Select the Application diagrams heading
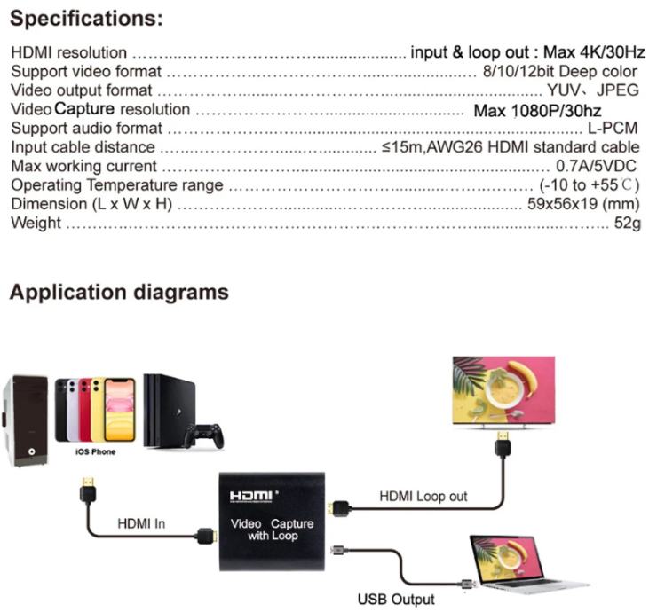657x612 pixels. (119, 292)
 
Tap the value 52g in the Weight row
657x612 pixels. (627, 223)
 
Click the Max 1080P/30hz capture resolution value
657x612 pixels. (537, 111)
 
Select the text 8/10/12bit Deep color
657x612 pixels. (559, 72)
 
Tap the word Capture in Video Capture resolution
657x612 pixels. (85, 110)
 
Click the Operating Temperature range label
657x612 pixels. (116, 185)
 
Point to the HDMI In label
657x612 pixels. (141, 523)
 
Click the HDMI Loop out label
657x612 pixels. (423, 497)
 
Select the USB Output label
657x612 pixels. (396, 599)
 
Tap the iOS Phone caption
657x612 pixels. (95, 451)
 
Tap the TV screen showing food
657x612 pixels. (503, 390)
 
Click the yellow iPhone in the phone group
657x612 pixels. (119, 410)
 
